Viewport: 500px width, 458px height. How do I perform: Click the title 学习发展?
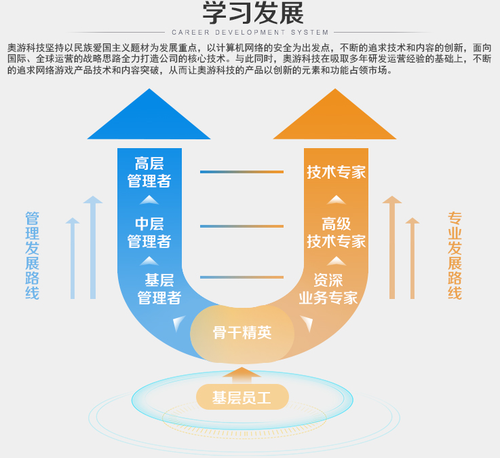253,13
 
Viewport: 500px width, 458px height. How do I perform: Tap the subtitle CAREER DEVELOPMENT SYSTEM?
250,32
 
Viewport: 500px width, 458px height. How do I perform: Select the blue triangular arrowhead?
149,114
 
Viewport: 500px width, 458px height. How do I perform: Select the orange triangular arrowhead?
335,114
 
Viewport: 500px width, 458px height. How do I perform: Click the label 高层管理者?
149,172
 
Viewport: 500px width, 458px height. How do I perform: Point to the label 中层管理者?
149,232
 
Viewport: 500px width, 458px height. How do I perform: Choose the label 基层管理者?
159,289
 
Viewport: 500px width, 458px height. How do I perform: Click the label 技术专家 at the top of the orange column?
336,172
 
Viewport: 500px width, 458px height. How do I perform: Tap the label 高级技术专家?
336,232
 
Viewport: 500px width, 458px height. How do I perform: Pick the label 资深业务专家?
328,289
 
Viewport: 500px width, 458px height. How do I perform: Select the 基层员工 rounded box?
242,397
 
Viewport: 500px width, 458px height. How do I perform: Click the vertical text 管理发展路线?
32,256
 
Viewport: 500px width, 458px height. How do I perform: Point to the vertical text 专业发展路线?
455,256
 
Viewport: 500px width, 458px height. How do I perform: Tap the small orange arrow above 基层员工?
242,375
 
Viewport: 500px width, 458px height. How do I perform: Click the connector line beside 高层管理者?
242,172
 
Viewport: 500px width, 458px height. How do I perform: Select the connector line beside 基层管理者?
242,277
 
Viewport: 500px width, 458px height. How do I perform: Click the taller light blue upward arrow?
93,247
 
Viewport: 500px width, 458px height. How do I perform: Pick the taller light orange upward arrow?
392,247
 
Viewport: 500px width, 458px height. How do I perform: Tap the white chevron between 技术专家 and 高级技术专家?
336,200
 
